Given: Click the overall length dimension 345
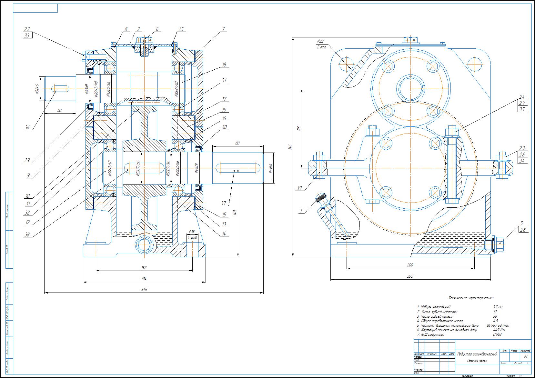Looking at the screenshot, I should click(x=144, y=290).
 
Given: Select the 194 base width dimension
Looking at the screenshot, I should click(x=144, y=279).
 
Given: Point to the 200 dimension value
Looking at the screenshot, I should click(x=410, y=265).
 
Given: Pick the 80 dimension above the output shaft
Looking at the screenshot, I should click(x=237, y=143).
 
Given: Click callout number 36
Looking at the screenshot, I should click(x=27, y=128).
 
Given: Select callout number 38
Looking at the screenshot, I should click(x=27, y=235).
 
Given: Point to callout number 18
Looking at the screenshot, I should click(x=224, y=65).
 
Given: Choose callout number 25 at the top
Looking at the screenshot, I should click(x=181, y=29).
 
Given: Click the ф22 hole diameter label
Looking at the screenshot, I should click(x=320, y=41).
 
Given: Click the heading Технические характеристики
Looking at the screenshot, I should click(x=471, y=298).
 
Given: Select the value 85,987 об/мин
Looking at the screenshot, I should click(x=498, y=325).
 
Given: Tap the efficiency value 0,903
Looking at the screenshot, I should click(x=497, y=334).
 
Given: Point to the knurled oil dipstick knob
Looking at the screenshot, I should click(x=321, y=196).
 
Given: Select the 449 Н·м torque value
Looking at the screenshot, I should click(x=499, y=330).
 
